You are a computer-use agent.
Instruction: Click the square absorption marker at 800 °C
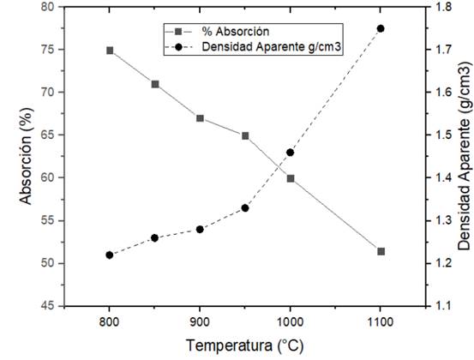[x=110, y=51]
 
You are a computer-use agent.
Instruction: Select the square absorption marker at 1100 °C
[x=381, y=251]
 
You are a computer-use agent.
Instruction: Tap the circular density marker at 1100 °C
[x=381, y=28]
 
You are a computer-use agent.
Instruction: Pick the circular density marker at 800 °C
[x=110, y=255]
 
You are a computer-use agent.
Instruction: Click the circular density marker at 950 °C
[x=245, y=207]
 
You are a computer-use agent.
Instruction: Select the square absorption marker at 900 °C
[x=200, y=118]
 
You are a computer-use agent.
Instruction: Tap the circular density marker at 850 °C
[x=154, y=237]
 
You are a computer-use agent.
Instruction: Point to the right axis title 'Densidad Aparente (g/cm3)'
[x=463, y=155]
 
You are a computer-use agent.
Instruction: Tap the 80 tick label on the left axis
[x=48, y=7]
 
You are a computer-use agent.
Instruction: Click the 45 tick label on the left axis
[x=48, y=306]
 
